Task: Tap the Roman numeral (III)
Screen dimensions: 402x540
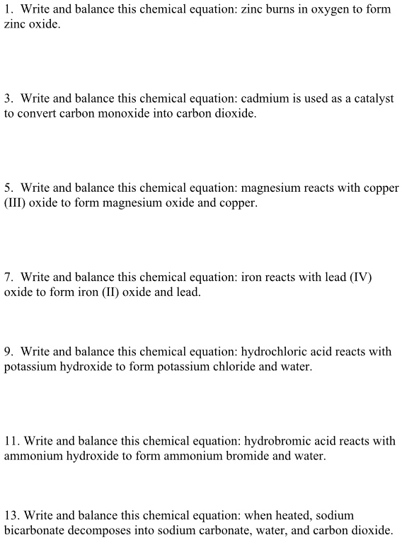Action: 15,203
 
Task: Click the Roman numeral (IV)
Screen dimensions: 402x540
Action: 359,277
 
